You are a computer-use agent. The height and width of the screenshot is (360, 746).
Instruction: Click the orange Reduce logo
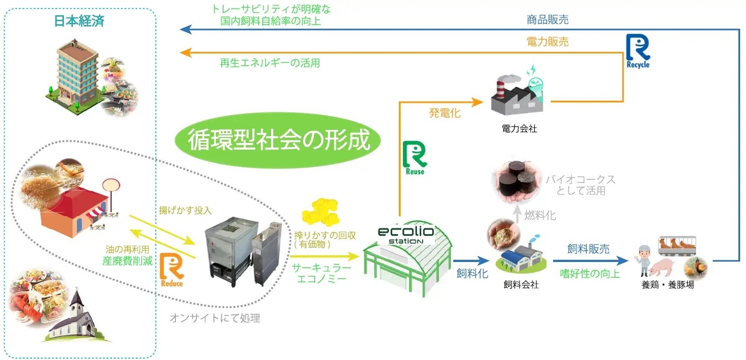(x=171, y=270)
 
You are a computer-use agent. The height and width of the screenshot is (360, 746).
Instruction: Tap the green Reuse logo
(x=415, y=157)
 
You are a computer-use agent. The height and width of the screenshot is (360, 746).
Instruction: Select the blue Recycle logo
(x=638, y=51)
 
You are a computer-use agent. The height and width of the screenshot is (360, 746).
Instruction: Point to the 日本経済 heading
(x=79, y=21)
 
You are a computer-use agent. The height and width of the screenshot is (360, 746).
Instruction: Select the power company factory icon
(x=517, y=94)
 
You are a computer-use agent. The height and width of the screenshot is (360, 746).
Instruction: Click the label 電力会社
(x=519, y=129)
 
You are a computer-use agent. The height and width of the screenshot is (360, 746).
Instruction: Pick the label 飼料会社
(x=521, y=284)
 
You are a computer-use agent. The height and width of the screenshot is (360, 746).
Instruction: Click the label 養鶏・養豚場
(x=667, y=284)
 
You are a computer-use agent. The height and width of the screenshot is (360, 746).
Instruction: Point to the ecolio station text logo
(x=406, y=234)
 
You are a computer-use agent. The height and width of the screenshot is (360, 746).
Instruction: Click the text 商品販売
(x=547, y=19)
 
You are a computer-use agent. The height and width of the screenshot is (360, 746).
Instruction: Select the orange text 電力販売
(x=547, y=42)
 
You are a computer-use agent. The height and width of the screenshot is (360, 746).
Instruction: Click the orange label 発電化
(x=444, y=113)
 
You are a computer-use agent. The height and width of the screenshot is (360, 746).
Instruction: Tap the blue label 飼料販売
(x=588, y=249)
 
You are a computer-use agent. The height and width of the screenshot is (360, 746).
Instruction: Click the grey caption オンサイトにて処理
(x=215, y=318)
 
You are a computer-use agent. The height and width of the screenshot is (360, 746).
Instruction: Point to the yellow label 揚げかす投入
(x=185, y=210)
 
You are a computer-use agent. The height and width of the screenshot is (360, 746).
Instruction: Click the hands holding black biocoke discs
(x=517, y=182)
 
